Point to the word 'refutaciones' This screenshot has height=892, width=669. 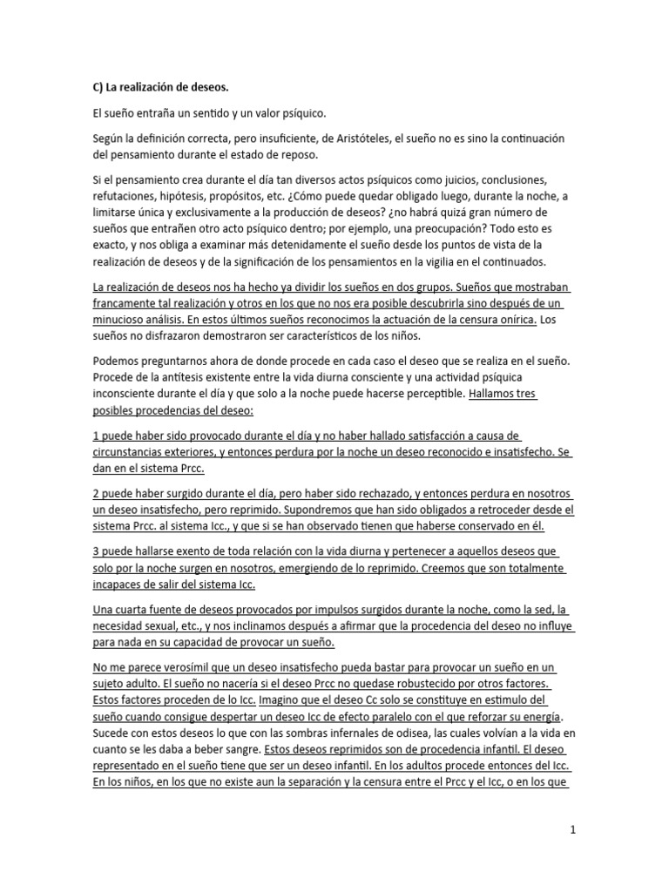coord(122,197)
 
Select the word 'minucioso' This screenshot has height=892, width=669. coord(118,320)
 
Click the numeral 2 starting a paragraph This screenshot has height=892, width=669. coord(95,493)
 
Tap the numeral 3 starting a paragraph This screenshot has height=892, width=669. coord(95,551)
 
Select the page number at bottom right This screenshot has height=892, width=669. coord(572,831)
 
